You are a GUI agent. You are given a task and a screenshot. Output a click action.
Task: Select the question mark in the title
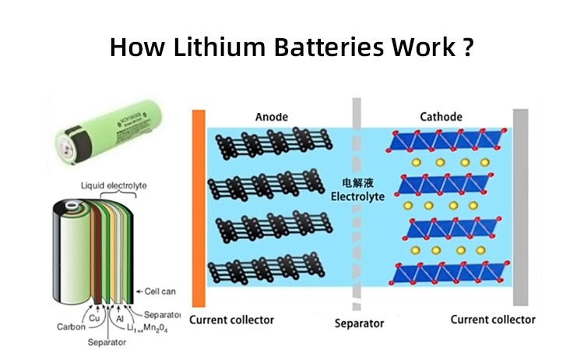(467, 48)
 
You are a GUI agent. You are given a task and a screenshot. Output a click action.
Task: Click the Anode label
(271, 117)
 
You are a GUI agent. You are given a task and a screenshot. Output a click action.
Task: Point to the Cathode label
(441, 117)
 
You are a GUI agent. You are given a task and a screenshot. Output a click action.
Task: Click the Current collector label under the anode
(232, 319)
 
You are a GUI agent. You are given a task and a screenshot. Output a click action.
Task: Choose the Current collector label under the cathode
(494, 319)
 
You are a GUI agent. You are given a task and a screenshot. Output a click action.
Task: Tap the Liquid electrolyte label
(114, 185)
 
